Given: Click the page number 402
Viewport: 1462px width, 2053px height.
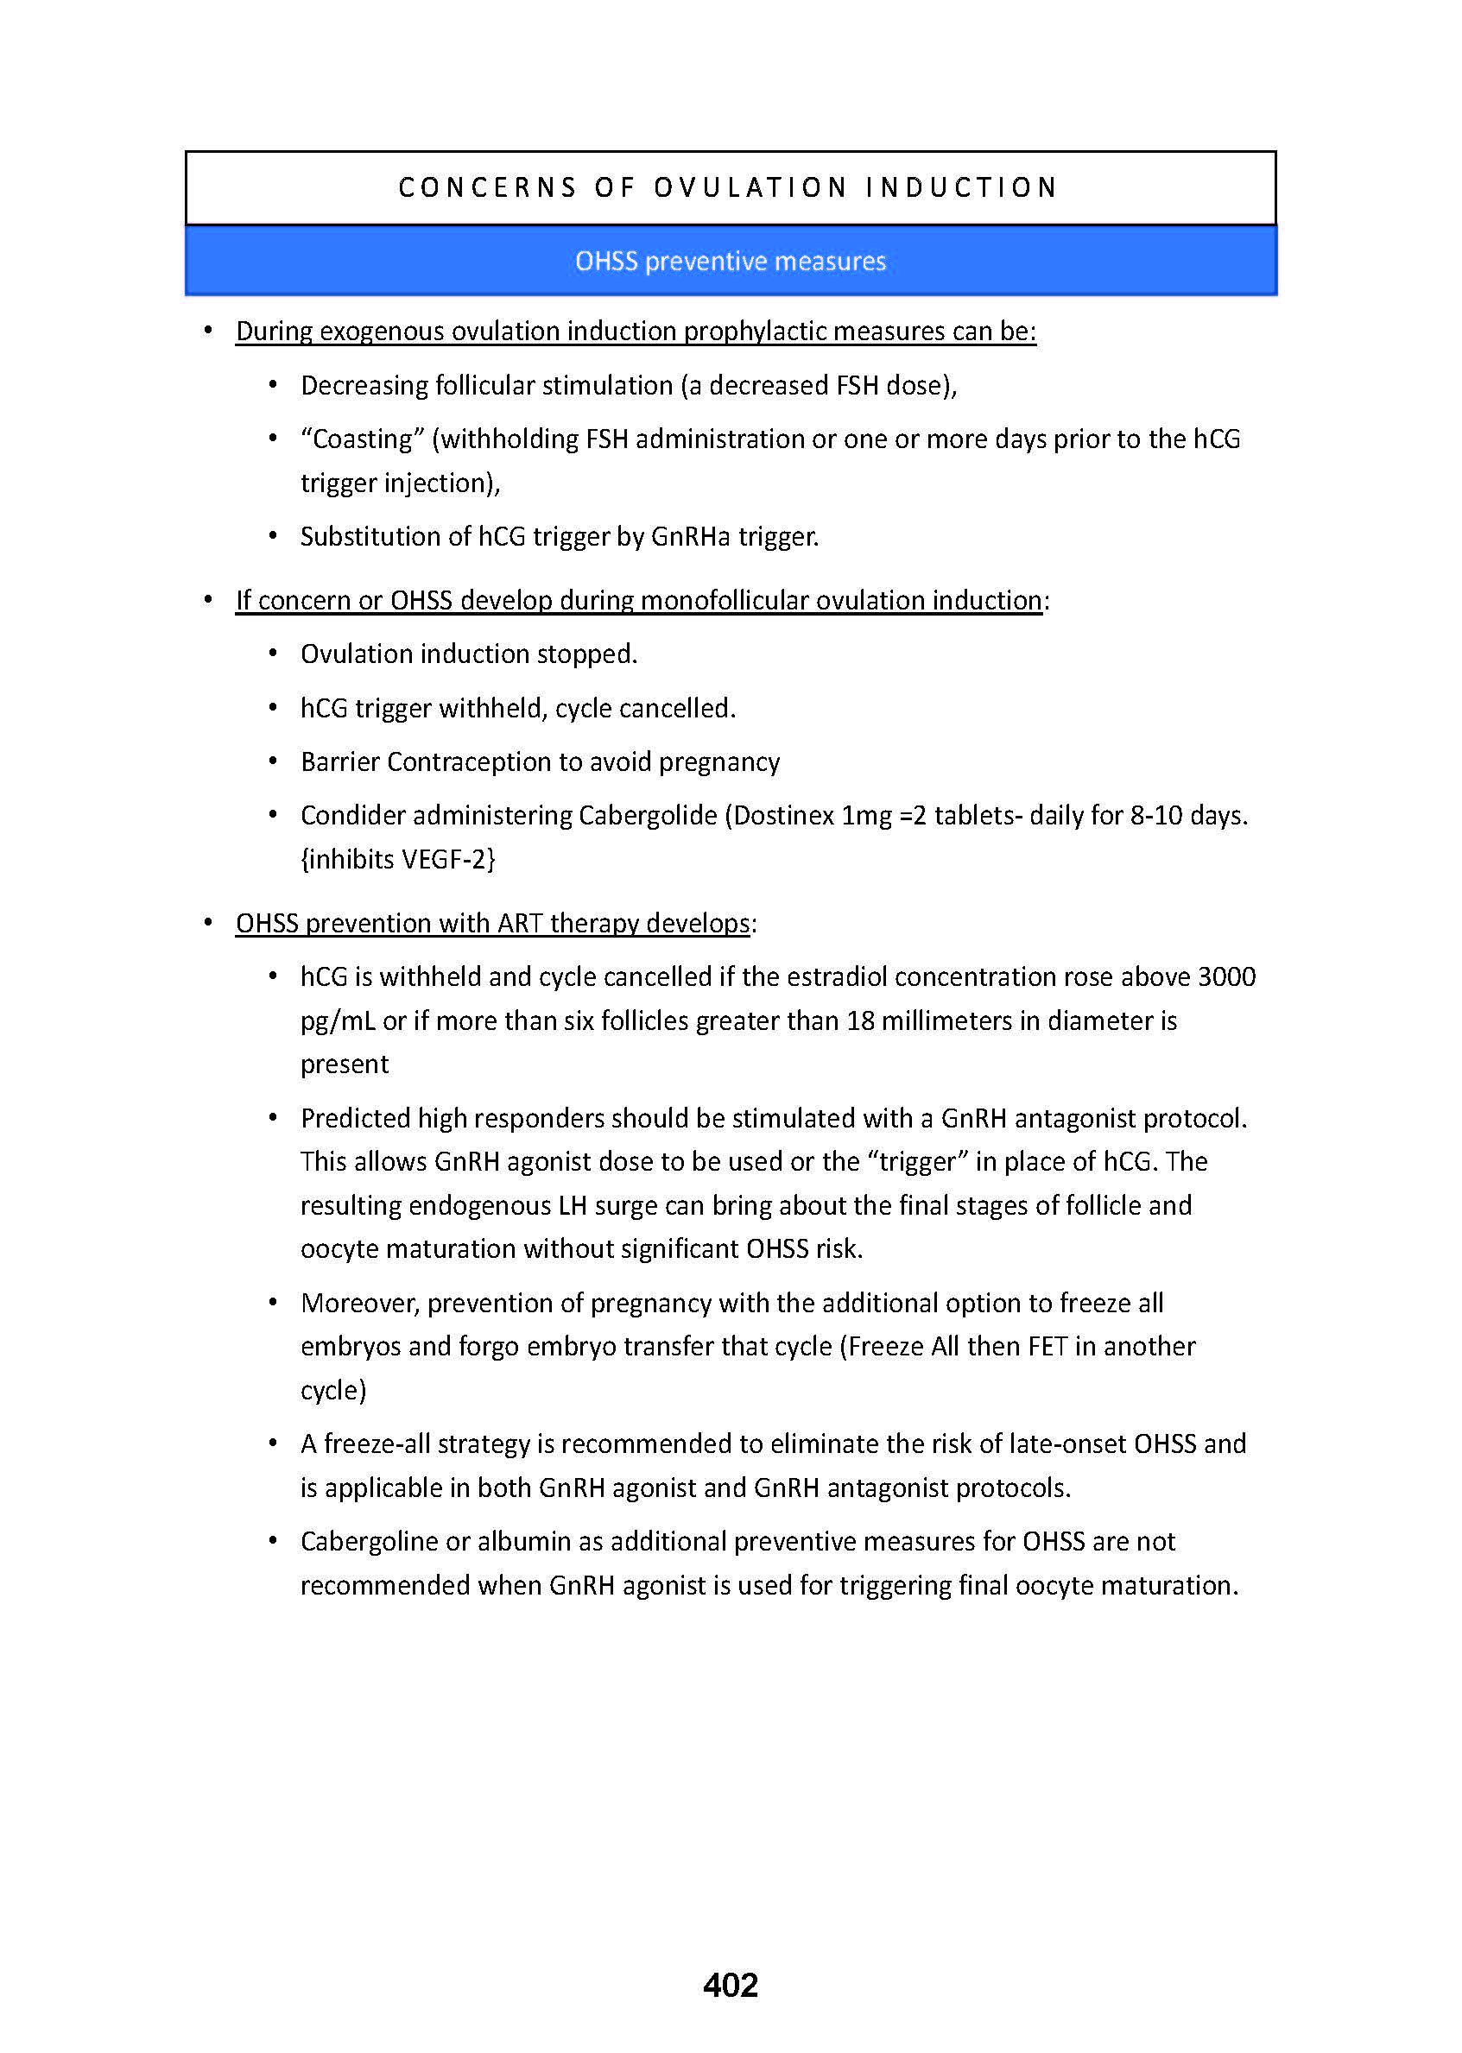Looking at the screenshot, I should click(730, 1986).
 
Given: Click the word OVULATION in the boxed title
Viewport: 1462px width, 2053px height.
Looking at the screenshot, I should click(750, 187).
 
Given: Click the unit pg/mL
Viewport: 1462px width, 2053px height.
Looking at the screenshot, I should click(338, 1021).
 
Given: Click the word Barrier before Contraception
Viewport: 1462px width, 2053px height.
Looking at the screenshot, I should click(339, 762).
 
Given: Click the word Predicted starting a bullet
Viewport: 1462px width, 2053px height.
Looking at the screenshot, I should click(355, 1119).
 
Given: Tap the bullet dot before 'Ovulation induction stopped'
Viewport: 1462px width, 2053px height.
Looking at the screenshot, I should click(273, 654).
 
